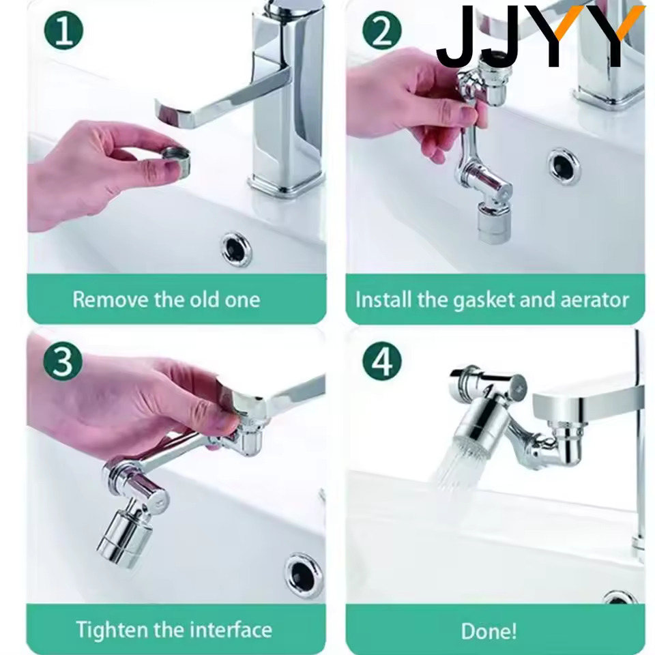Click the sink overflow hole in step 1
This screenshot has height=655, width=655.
pos(236,248)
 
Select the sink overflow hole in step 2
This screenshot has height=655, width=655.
pos(564,164)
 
